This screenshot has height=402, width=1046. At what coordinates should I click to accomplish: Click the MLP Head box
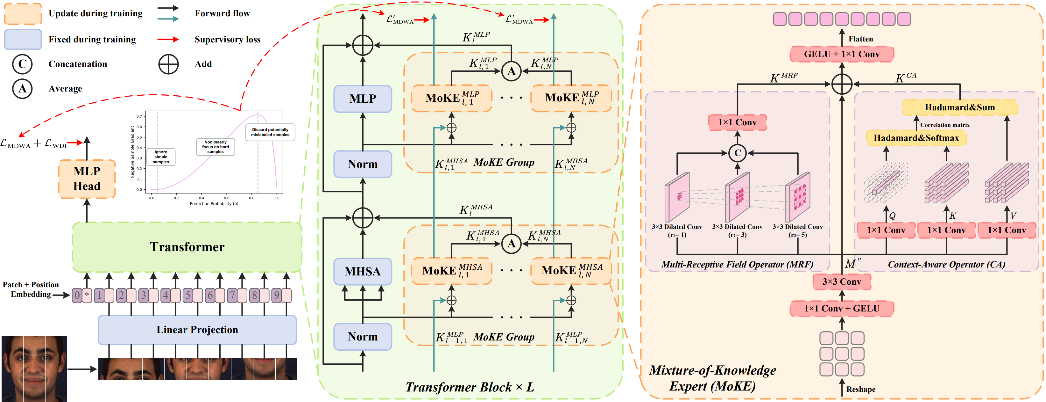(x=87, y=179)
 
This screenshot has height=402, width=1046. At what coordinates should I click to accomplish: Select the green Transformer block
(x=187, y=247)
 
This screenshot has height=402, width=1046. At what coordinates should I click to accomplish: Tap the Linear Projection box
(x=197, y=330)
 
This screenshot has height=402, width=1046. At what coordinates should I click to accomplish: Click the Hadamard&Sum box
(x=959, y=107)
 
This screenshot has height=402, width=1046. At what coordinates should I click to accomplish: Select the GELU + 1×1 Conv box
(x=841, y=54)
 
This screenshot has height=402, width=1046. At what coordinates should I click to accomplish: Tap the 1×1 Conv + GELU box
(x=841, y=309)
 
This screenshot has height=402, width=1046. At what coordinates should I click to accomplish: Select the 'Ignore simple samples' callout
(x=161, y=157)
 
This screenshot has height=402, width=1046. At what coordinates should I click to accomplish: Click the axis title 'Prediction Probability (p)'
(x=214, y=204)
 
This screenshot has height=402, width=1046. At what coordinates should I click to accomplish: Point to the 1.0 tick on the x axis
(x=277, y=198)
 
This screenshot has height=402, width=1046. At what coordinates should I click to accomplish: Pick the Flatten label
(x=860, y=39)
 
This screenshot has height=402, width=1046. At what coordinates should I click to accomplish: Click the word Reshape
(x=860, y=389)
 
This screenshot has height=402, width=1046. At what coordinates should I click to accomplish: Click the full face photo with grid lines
(x=34, y=368)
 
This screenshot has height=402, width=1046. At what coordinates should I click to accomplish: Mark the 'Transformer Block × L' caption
(x=470, y=387)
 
